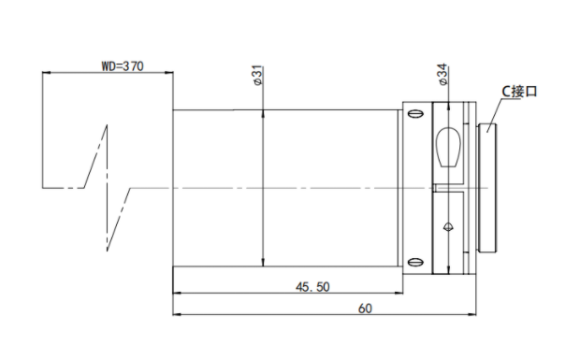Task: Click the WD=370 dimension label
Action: (x=123, y=66)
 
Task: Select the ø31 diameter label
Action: (x=258, y=76)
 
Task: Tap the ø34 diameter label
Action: (x=443, y=74)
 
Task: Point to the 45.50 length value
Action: (x=312, y=287)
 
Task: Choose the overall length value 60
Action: (x=365, y=309)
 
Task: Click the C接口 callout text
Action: (x=519, y=92)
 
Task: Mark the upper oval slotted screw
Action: (x=415, y=113)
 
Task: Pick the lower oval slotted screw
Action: (x=415, y=262)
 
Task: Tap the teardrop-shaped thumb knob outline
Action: (x=449, y=146)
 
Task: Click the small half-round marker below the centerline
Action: (x=448, y=226)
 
